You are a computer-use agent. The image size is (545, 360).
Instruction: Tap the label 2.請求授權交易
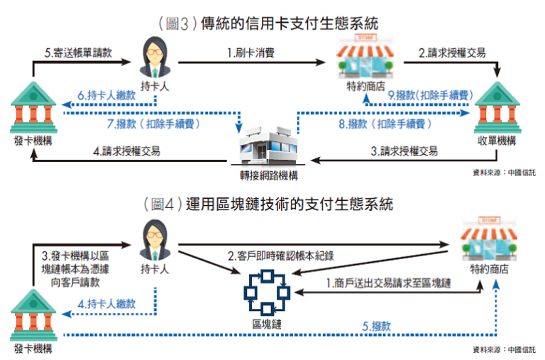(451, 53)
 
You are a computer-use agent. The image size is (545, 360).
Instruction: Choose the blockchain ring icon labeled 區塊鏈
(266, 292)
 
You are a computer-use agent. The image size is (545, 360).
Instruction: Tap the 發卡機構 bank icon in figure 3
(33, 107)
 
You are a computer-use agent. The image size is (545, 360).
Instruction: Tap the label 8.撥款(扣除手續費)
(390, 124)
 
